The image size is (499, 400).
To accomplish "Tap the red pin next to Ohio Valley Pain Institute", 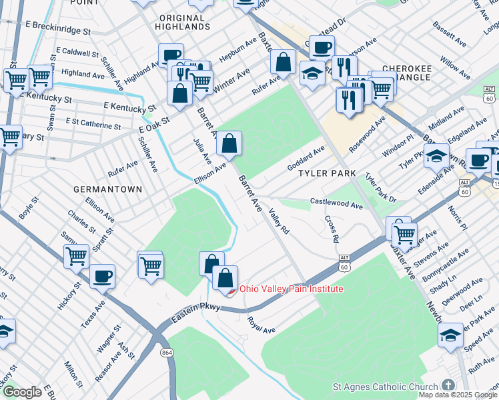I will [229, 291].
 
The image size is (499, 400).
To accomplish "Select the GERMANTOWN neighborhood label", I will [107, 189].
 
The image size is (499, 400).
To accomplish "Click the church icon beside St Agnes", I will [448, 386].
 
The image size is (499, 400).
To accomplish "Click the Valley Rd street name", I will [279, 221].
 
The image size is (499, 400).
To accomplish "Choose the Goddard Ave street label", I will [306, 158].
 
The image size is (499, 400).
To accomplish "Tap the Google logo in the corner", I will [21, 392].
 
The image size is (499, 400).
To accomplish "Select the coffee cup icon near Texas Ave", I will [102, 276].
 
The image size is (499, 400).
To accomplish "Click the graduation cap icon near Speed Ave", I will [451, 336].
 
